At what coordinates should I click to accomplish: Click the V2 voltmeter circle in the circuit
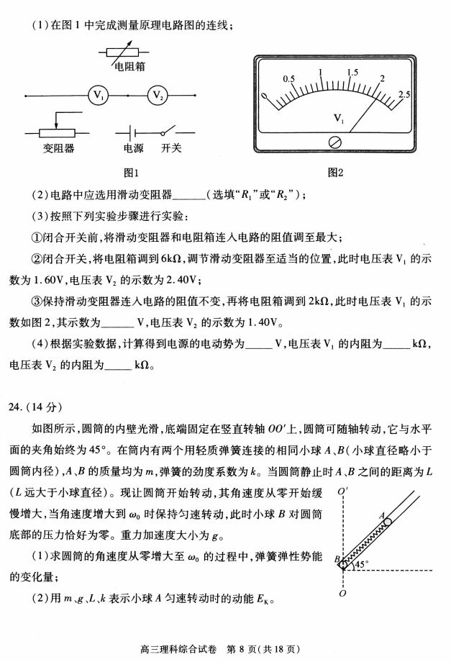(x=158, y=95)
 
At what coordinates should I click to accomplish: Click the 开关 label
(x=170, y=148)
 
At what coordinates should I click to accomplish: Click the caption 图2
(x=335, y=173)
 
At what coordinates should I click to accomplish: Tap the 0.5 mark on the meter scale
(x=289, y=78)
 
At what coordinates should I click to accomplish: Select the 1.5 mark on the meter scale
(x=352, y=73)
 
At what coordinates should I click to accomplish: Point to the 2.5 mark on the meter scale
(x=404, y=94)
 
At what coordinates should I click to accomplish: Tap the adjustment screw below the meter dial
(x=334, y=142)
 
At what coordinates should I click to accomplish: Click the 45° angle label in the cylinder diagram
(x=360, y=565)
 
